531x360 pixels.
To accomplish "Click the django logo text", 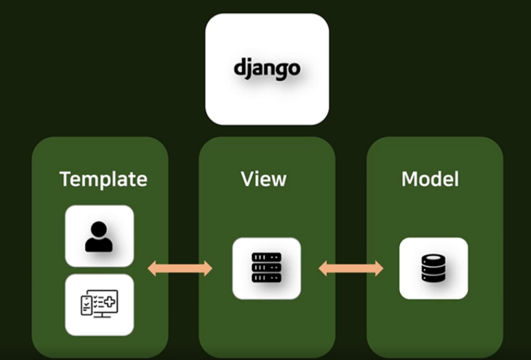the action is tap(267, 69).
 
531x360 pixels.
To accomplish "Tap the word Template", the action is tap(103, 180).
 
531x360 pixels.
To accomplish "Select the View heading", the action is tap(264, 179).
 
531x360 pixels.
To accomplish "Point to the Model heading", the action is tap(430, 179).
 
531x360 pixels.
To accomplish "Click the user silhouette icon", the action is tap(99, 237).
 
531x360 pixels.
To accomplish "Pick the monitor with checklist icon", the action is tap(99, 304).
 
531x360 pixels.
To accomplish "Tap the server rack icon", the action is tap(267, 267).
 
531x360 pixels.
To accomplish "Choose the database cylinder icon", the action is tap(434, 269).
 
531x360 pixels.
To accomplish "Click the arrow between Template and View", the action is tap(180, 269).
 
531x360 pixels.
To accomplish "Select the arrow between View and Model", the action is tap(351, 269).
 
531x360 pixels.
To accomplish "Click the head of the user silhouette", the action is tap(99, 229).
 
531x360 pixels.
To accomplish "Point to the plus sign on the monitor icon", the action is tap(110, 301).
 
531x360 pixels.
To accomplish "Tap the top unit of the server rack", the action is tap(267, 257).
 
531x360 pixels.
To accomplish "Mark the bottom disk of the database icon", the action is tap(434, 278).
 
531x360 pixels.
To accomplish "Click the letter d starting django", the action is tap(238, 67).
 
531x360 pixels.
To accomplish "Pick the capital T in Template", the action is tap(66, 179).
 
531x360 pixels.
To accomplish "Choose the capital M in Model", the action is tap(410, 179).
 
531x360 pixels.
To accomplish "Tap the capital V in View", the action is tap(248, 179).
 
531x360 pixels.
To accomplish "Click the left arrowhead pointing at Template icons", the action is tap(152, 269).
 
